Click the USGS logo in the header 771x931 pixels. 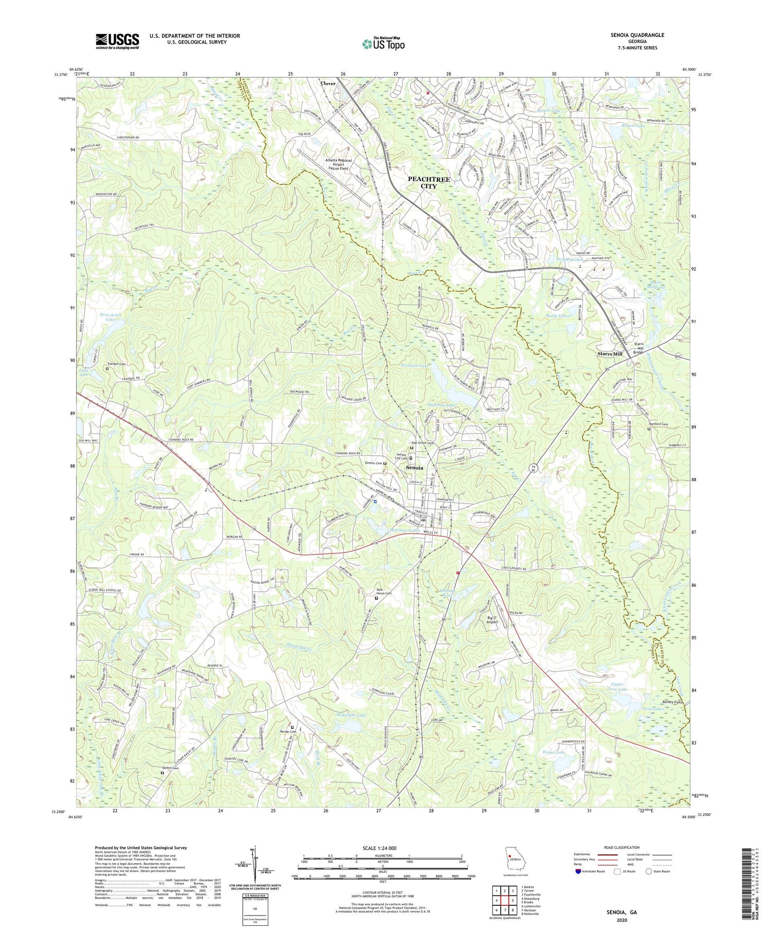117,41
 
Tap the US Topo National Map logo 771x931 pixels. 383,44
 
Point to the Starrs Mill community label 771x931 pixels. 610,354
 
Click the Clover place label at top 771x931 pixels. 328,83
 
